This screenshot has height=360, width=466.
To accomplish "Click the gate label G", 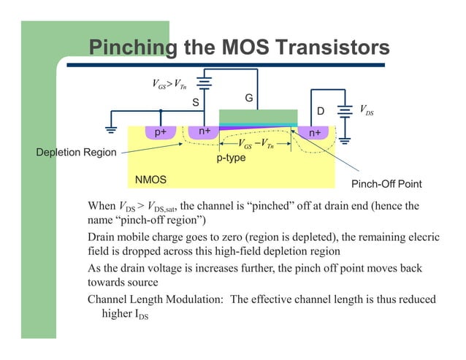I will coord(248,97).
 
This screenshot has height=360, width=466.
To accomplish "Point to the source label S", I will coord(195,102).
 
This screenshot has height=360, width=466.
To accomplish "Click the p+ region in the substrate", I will coord(160,132).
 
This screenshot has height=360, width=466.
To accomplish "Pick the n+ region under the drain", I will coord(315,133).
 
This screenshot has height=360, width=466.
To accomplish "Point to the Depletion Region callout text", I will coord(77,153).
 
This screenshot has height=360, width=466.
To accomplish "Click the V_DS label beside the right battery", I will coord(366,110).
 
